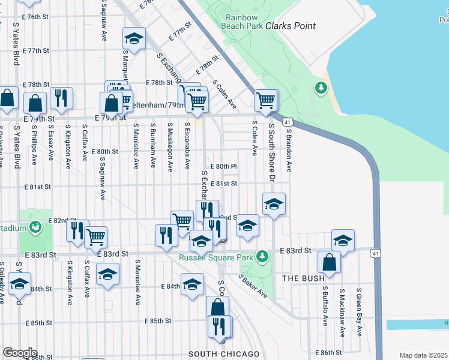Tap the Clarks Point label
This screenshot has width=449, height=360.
291,26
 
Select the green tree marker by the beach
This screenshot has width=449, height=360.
321,89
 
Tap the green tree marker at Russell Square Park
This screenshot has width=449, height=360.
262,257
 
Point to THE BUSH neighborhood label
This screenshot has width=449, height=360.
304,278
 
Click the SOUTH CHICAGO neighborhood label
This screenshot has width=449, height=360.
224,354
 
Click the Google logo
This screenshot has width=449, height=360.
20,353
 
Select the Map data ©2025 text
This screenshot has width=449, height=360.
423,355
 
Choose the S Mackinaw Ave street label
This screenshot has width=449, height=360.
342,307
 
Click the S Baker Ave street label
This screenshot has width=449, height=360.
253,286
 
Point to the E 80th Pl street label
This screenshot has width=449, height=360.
224,166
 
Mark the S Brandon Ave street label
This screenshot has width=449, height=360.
289,148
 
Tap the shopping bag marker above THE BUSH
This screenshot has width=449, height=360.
330,262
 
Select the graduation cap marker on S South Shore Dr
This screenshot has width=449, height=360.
274,204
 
